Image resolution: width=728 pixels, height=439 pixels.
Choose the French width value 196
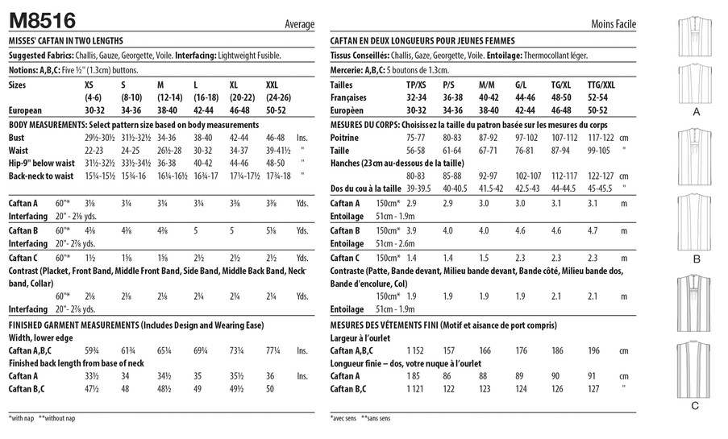(593, 352)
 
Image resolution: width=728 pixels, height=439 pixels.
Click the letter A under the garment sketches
(696, 114)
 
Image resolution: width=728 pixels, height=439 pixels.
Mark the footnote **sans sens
(376, 419)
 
